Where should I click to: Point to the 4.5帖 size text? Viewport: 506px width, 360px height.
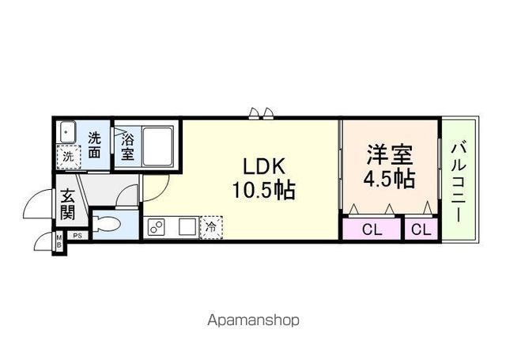[389, 179]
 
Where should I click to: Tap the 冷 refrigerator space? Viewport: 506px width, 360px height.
[211, 226]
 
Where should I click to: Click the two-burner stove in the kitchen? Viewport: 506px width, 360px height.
[157, 228]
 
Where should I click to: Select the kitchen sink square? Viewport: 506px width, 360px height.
[186, 228]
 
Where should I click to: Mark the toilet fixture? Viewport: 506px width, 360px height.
[106, 225]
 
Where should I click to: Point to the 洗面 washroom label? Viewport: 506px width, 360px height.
[95, 144]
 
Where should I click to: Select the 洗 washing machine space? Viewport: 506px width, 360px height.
[69, 157]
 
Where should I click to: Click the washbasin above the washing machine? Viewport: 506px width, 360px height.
[68, 131]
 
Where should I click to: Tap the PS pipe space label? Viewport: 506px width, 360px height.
[77, 235]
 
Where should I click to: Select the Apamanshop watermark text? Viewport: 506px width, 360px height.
[253, 320]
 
